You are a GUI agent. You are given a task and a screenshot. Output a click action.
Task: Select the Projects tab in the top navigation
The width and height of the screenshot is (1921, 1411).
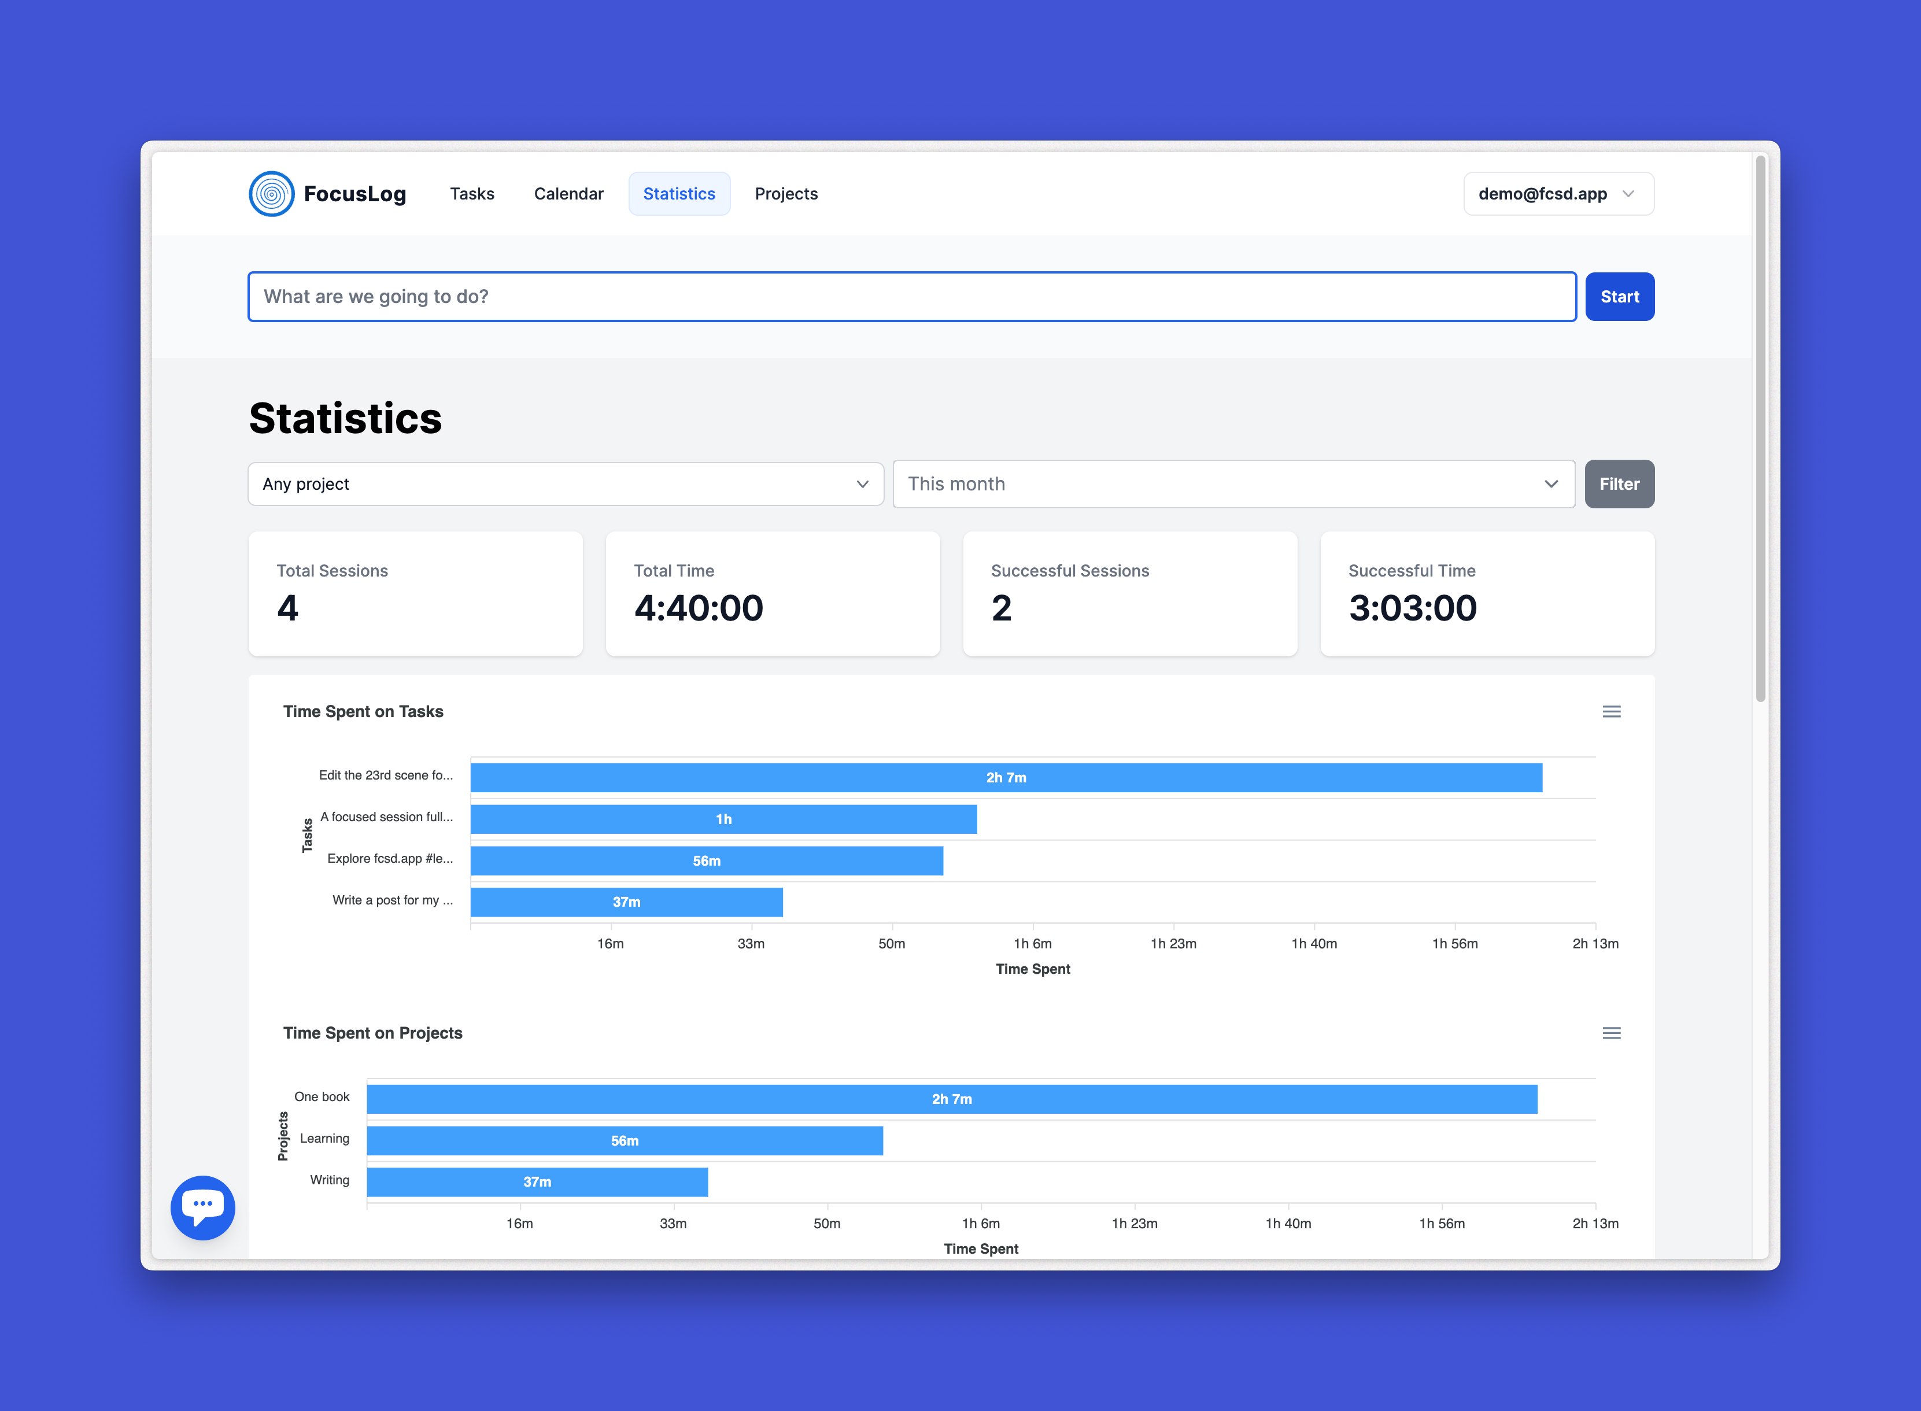tap(786, 194)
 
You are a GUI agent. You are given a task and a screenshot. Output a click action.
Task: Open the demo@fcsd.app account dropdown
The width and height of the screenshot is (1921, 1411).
tap(1558, 194)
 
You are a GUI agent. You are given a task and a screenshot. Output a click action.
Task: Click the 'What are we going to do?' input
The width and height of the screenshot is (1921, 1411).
tap(911, 297)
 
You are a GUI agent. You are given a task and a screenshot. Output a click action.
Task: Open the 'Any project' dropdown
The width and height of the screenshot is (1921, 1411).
tap(566, 484)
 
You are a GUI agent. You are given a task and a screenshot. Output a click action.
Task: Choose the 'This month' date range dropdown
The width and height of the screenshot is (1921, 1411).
tap(1233, 484)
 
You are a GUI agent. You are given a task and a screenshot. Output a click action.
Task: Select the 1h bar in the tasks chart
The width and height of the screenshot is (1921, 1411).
tap(723, 819)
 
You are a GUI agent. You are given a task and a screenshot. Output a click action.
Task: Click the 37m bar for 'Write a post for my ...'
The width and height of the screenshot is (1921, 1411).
tap(626, 902)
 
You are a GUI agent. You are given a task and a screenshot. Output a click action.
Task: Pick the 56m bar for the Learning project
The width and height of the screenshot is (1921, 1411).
tap(625, 1140)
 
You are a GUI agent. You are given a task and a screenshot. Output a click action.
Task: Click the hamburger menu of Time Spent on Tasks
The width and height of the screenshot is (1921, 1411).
tap(1611, 711)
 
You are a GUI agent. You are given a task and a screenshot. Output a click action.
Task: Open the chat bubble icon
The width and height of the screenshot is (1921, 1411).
tap(202, 1207)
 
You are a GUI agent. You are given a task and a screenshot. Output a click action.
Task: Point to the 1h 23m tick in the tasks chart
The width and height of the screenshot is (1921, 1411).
tap(1173, 944)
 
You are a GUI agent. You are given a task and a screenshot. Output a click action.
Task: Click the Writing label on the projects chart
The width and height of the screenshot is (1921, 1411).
tap(330, 1180)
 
